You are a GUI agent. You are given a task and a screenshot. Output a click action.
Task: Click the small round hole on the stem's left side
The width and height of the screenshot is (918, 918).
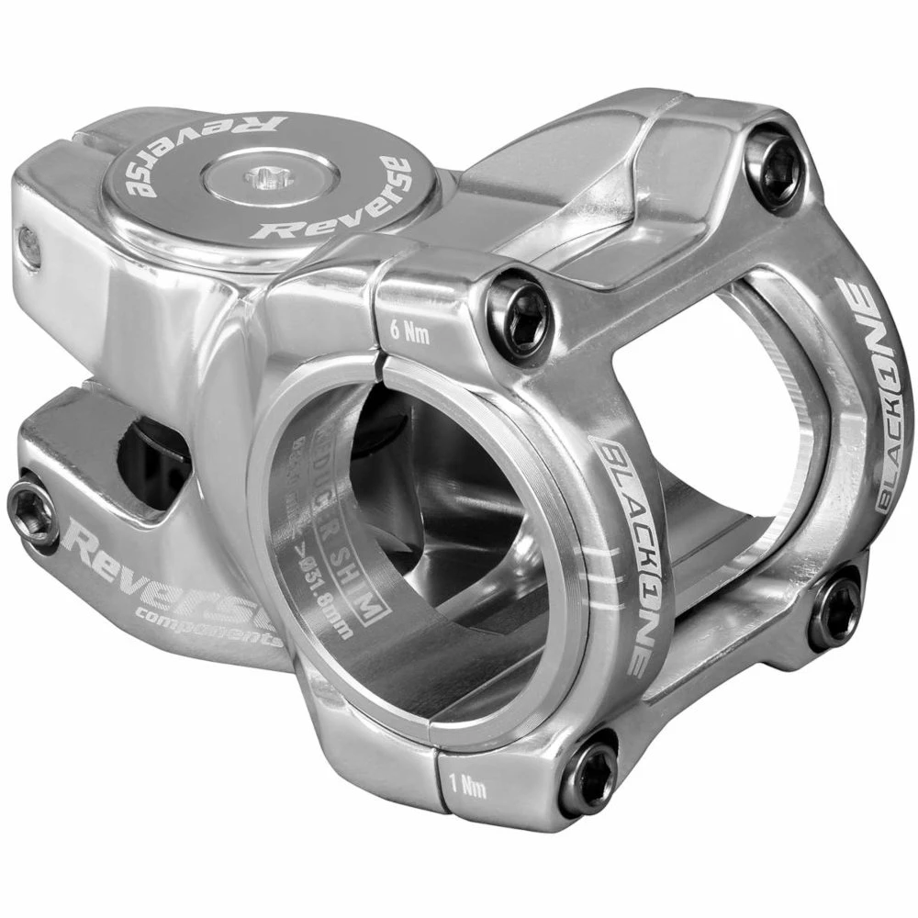pyautogui.click(x=29, y=246)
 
